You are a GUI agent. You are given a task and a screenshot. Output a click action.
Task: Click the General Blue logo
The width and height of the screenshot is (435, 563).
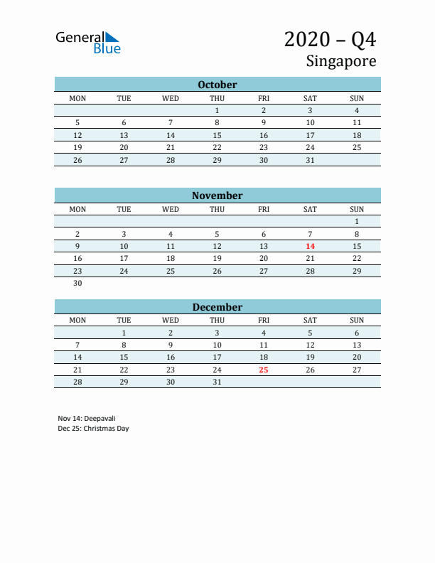(x=88, y=42)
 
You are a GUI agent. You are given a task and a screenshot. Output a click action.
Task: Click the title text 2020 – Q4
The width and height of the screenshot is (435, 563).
(x=330, y=39)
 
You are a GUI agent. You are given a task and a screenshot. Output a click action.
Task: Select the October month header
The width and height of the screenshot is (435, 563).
(x=217, y=85)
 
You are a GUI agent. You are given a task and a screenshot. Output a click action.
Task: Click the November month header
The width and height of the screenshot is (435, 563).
(x=217, y=195)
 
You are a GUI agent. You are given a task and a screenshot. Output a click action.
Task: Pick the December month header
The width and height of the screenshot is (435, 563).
(x=217, y=307)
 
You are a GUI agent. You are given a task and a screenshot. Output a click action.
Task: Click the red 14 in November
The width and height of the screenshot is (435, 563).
(x=310, y=246)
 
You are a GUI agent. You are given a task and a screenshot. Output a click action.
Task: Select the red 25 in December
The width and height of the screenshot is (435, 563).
(x=264, y=370)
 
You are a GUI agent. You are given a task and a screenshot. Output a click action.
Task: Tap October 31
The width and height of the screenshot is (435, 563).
(x=310, y=160)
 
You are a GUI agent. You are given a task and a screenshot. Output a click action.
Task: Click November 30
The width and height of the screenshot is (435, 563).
(x=77, y=283)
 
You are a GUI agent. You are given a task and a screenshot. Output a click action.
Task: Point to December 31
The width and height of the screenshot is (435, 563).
(x=217, y=382)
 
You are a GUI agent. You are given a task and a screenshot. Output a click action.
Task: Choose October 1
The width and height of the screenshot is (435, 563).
(x=217, y=110)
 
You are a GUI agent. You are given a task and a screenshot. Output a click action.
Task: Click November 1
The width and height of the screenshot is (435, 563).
(x=357, y=221)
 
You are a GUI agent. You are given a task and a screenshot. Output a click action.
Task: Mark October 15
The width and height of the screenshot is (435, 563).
(x=217, y=135)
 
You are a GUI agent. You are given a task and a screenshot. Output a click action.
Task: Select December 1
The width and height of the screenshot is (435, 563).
(x=124, y=332)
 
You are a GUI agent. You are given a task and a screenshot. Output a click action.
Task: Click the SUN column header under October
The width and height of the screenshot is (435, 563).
(x=357, y=97)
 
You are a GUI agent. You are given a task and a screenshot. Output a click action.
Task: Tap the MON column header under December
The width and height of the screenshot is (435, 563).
(x=77, y=320)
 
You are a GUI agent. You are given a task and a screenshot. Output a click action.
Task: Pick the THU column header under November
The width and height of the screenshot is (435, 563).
(x=217, y=209)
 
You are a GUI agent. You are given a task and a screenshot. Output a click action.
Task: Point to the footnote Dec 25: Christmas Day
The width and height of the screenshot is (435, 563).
(x=94, y=429)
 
